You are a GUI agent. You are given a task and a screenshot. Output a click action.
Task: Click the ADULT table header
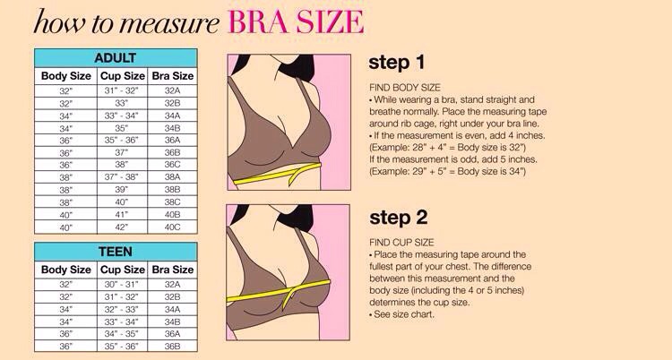click(115, 57)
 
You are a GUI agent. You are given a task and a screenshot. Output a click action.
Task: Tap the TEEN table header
click(115, 251)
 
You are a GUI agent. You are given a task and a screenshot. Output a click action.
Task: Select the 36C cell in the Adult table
click(172, 165)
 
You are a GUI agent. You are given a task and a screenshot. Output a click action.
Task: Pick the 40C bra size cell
click(172, 227)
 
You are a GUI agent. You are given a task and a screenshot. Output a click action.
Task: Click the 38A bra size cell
click(172, 177)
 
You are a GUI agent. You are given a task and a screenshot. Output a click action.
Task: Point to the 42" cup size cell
click(122, 227)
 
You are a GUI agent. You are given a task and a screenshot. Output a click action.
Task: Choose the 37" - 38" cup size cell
click(122, 177)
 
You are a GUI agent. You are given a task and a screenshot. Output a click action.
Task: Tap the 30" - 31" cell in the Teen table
click(122, 283)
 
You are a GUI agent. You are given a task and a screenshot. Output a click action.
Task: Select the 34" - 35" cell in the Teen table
click(122, 333)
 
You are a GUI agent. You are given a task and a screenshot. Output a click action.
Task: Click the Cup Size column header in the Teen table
click(122, 269)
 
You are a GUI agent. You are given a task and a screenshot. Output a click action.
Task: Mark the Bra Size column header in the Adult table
click(172, 75)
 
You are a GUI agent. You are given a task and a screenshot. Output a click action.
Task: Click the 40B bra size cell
click(172, 215)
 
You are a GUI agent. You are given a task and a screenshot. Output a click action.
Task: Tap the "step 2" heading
click(398, 218)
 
